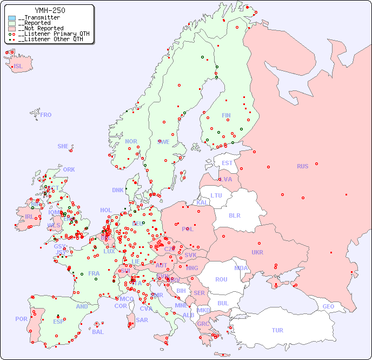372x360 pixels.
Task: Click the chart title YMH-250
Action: pos(50,10)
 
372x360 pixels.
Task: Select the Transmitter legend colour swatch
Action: pos(12,18)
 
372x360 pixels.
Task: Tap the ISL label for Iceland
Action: pos(18,67)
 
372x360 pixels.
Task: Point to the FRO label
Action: pos(46,115)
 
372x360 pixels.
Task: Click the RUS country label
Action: pos(302,166)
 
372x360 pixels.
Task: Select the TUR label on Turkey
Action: pos(277,330)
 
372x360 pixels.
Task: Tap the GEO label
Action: pos(328,306)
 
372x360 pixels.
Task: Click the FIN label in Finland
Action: pos(226,115)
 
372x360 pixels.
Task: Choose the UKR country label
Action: pos(257,252)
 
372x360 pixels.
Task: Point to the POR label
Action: pos(21,319)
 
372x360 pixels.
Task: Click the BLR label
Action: pos(235,215)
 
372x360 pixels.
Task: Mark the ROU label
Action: pos(221,279)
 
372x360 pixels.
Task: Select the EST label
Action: pos(227,163)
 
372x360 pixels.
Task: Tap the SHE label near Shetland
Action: pos(63,146)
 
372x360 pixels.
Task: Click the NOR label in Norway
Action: pos(131,141)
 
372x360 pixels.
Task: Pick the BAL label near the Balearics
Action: pos(97,332)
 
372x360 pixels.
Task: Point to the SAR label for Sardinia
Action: pos(142,320)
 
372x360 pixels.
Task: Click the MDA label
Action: pos(241,268)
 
